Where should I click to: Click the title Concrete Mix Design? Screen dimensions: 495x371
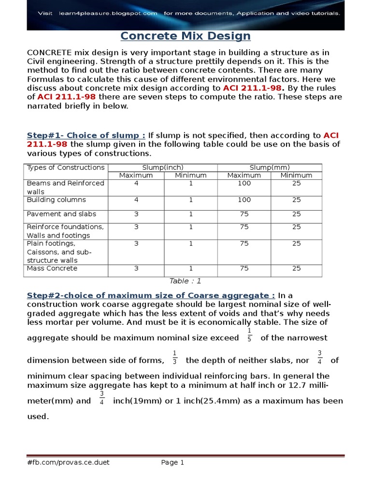tap(185, 36)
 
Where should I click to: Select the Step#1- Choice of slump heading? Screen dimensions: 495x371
tap(86, 135)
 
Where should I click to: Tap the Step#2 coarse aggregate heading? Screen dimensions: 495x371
tap(151, 295)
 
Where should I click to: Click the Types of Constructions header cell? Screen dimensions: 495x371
tap(66, 168)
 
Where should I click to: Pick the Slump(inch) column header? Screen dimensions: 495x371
tap(163, 168)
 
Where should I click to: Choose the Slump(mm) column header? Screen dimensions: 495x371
tap(270, 168)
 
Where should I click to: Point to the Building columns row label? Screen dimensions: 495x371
tap(57, 200)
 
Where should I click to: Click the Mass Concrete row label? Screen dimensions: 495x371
tap(52, 268)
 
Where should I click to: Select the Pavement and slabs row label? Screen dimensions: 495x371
tap(61, 214)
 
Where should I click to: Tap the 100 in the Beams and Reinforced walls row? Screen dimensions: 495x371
tap(244, 183)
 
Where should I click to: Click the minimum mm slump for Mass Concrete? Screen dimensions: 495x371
tap(296, 268)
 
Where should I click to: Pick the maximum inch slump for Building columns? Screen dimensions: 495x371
tap(136, 200)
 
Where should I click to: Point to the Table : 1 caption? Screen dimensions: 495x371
tap(185, 281)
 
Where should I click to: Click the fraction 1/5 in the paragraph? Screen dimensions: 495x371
tap(249, 334)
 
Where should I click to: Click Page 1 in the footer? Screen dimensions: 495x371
tap(172, 463)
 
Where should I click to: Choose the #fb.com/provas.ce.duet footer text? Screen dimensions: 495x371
tap(68, 463)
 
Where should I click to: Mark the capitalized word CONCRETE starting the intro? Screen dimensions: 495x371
tap(50, 52)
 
